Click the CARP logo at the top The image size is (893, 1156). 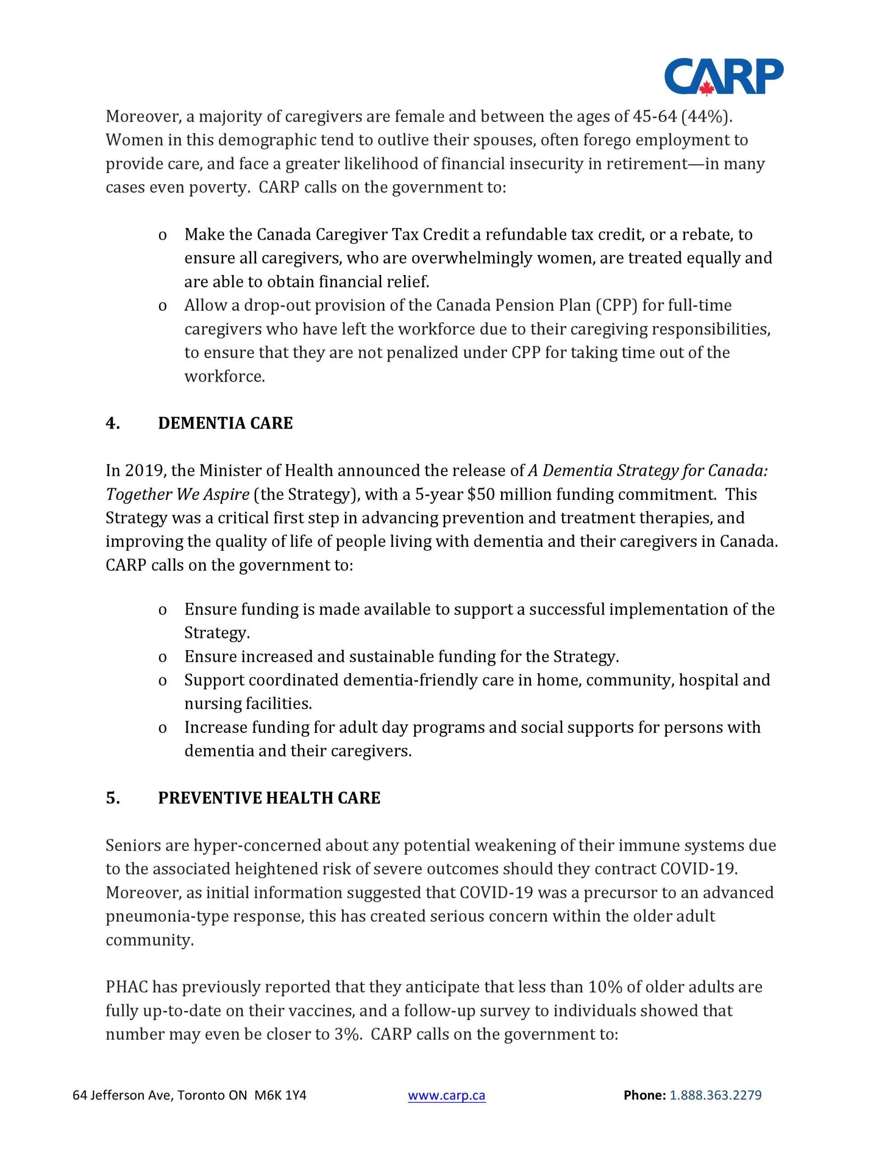724,77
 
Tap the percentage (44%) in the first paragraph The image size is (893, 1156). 706,117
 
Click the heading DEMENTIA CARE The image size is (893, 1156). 225,424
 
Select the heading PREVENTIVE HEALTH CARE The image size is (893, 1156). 269,798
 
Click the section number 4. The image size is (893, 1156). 112,424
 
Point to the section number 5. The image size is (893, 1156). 112,798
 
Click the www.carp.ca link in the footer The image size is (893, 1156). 446,1095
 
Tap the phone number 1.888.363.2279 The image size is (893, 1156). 715,1095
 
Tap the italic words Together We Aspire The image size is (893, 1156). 177,494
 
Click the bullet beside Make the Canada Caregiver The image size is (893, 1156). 163,235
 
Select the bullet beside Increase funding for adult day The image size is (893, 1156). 163,728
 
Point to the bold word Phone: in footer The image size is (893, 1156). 644,1095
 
